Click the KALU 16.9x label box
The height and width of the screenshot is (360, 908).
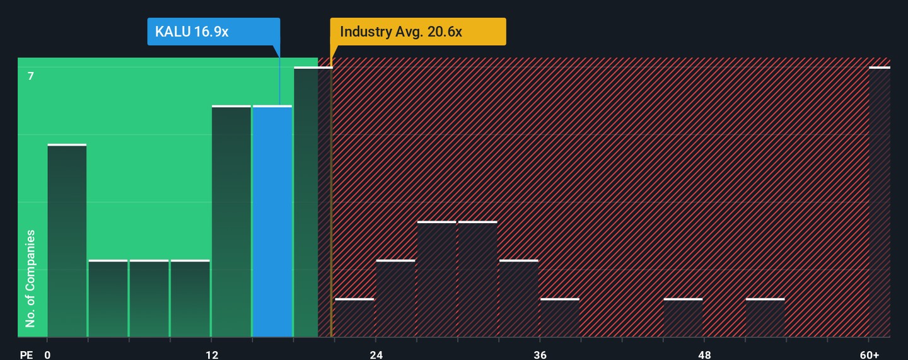[213, 32]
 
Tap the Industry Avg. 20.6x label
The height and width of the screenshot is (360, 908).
[417, 32]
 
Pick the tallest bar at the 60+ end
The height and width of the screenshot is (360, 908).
[880, 202]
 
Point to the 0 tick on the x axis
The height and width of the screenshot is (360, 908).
[47, 354]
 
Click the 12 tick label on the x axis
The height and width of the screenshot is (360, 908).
[212, 354]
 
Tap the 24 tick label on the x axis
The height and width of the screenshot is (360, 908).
[376, 354]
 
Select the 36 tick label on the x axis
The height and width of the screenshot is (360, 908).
[540, 354]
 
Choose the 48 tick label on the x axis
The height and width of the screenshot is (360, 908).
[705, 354]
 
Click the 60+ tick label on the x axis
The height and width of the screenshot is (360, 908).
[869, 354]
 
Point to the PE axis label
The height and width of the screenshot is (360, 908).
[26, 354]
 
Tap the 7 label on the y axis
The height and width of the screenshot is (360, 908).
[30, 76]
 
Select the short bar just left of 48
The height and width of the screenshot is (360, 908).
[683, 318]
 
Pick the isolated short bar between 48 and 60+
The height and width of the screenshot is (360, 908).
[765, 318]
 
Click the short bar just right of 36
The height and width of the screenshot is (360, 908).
[560, 318]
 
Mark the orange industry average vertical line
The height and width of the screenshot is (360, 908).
[331, 202]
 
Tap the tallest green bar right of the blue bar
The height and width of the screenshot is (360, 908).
[306, 202]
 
